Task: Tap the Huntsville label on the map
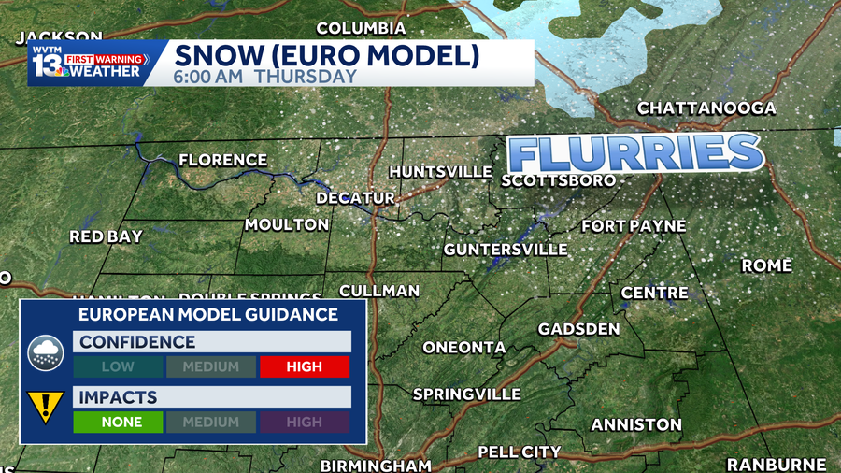pyautogui.click(x=440, y=172)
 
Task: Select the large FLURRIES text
pyautogui.click(x=634, y=152)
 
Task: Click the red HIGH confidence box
pyautogui.click(x=305, y=367)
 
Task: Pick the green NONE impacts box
pyautogui.click(x=121, y=423)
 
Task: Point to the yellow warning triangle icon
pyautogui.click(x=45, y=407)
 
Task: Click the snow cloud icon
pyautogui.click(x=45, y=352)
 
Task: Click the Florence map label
pyautogui.click(x=222, y=160)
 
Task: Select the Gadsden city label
pyautogui.click(x=578, y=329)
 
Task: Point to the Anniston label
pyautogui.click(x=636, y=425)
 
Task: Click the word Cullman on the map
pyautogui.click(x=378, y=291)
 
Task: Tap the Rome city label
pyautogui.click(x=766, y=266)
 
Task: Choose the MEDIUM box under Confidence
pyautogui.click(x=211, y=367)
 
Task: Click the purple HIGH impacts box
pyautogui.click(x=305, y=423)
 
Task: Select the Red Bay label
pyautogui.click(x=106, y=237)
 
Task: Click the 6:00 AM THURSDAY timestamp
pyautogui.click(x=265, y=77)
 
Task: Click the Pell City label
pyautogui.click(x=520, y=452)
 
